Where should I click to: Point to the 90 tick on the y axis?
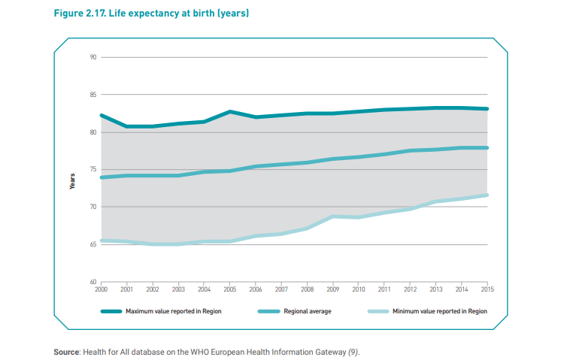coord(93,57)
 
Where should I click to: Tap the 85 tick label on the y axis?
coord(93,95)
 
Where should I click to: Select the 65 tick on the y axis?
coord(93,244)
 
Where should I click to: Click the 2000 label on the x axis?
coord(100,288)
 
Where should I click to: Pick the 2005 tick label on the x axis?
coord(229,288)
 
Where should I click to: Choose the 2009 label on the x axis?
coord(332,288)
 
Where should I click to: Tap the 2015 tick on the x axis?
coord(487,288)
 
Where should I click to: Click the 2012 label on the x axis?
coord(410,288)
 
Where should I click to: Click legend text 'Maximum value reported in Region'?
coord(174,310)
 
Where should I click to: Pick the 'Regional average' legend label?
coord(308,310)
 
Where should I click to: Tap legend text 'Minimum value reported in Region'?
coord(440,310)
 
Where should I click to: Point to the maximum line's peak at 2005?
coord(229,112)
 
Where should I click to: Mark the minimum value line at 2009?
coord(332,216)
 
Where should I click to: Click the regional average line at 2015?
coord(487,148)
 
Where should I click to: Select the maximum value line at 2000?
coord(101,116)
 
